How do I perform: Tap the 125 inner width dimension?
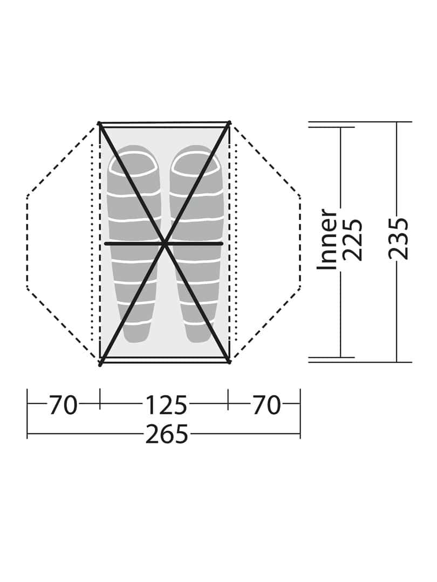[166, 405]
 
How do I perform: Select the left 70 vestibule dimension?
[63, 405]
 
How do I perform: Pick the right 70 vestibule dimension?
[267, 405]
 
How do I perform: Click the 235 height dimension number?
[398, 238]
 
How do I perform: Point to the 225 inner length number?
[352, 240]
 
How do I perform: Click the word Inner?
[327, 239]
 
